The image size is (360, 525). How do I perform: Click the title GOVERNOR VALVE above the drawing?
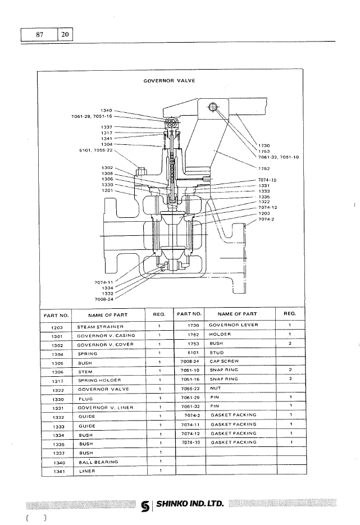[169, 80]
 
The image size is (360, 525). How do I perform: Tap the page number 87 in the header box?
[39, 34]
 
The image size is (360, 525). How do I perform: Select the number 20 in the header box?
[65, 34]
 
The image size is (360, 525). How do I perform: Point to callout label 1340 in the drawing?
[106, 110]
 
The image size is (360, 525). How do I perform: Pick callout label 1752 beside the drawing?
[265, 168]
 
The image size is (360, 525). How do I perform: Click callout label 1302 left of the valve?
[107, 168]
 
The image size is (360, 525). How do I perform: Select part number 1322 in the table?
[56, 389]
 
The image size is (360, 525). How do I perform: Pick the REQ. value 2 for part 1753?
[290, 343]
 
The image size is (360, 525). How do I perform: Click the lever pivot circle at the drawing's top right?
[213, 108]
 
